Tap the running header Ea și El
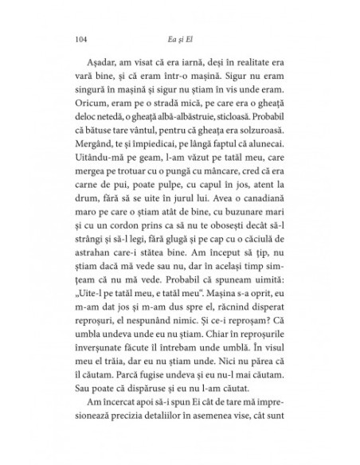[181, 37]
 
